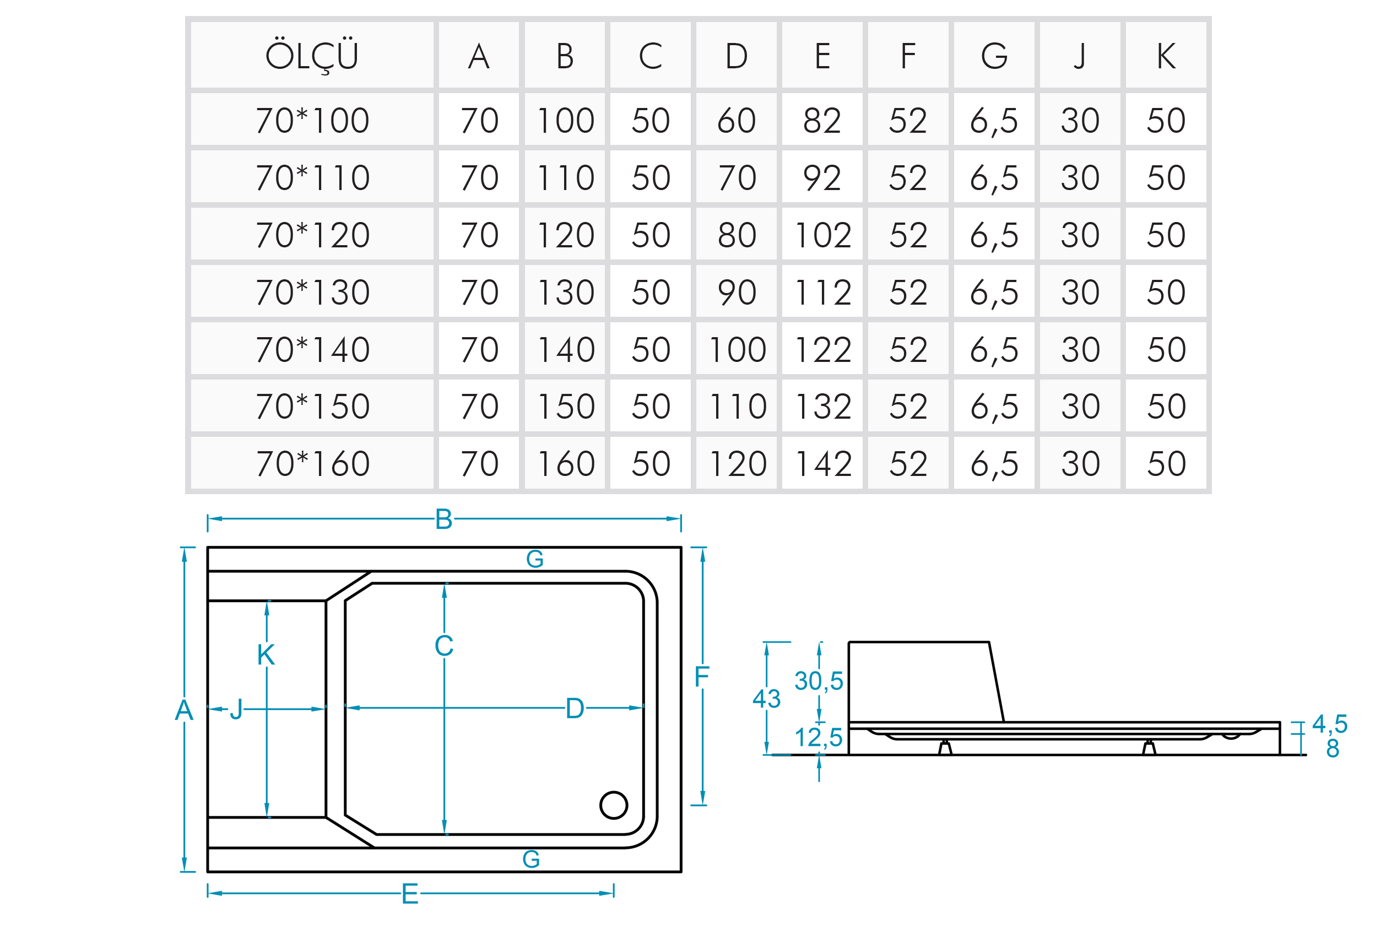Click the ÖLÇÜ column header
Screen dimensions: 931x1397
pos(312,56)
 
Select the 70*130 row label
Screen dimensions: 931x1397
pos(312,292)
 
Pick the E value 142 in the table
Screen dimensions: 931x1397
pos(822,464)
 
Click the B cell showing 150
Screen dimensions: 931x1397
pos(565,407)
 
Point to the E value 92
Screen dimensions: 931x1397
pos(822,177)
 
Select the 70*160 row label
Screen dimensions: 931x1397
pos(312,464)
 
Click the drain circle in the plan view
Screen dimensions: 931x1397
pos(613,805)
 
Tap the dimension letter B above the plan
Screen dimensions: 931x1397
pos(443,519)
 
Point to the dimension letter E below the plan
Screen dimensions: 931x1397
pos(410,894)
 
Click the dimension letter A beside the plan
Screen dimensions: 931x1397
pos(184,710)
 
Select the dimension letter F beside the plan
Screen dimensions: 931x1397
pos(702,676)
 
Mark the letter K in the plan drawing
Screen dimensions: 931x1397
pos(266,655)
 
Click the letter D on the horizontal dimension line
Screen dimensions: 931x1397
pos(575,708)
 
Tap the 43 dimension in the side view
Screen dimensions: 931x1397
pos(766,699)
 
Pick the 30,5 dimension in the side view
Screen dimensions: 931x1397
pos(819,681)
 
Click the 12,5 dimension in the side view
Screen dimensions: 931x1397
pos(819,738)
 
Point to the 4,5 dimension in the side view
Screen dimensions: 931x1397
pos(1330,724)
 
